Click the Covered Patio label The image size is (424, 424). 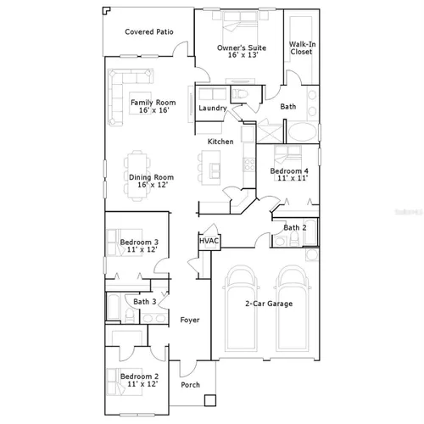[x=149, y=31]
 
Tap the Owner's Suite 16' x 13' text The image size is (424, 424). [x=242, y=51]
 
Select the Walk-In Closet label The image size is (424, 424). [x=302, y=47]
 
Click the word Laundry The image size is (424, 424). [x=213, y=108]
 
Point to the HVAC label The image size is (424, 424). [x=209, y=241]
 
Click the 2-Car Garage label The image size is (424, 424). [x=269, y=304]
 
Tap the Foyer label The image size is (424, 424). [x=190, y=320]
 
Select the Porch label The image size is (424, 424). [x=190, y=385]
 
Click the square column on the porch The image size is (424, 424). [x=210, y=400]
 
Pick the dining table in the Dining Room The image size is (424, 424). [x=137, y=176]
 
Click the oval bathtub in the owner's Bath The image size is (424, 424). [x=302, y=132]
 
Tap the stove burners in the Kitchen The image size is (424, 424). [x=249, y=165]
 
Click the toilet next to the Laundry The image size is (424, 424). [x=240, y=94]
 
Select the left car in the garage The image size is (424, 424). [x=241, y=309]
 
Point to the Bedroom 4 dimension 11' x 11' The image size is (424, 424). [x=293, y=178]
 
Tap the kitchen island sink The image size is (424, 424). [x=215, y=171]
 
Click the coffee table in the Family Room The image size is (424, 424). [x=141, y=103]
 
